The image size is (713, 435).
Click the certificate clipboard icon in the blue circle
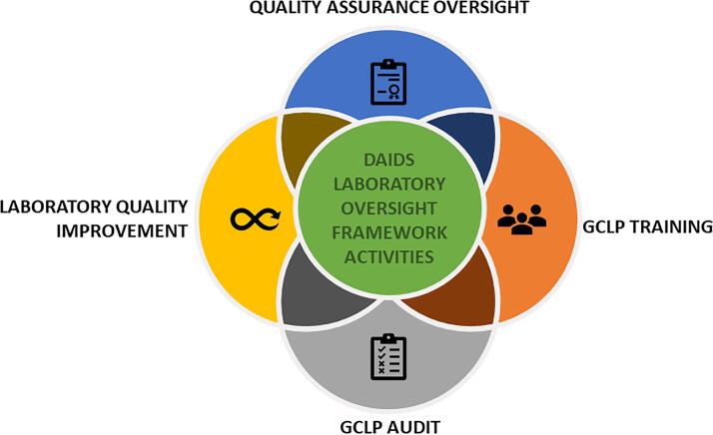(x=387, y=82)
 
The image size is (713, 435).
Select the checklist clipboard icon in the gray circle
(x=387, y=356)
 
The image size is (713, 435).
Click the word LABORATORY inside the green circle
(x=387, y=186)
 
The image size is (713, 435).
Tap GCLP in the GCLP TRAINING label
(x=607, y=226)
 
